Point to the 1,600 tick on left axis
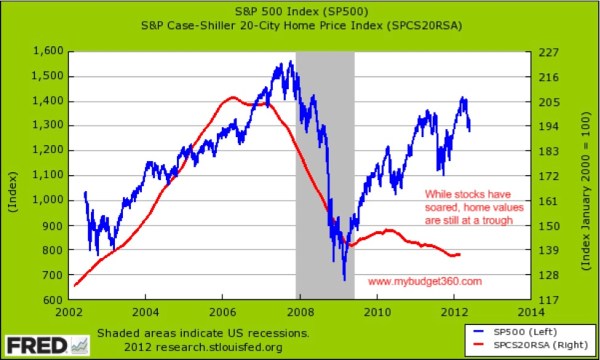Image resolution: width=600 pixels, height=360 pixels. (47, 50)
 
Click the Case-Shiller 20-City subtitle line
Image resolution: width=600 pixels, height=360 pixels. (299, 24)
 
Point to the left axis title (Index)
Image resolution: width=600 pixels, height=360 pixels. (13, 174)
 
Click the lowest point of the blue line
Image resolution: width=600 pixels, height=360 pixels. (344, 280)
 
